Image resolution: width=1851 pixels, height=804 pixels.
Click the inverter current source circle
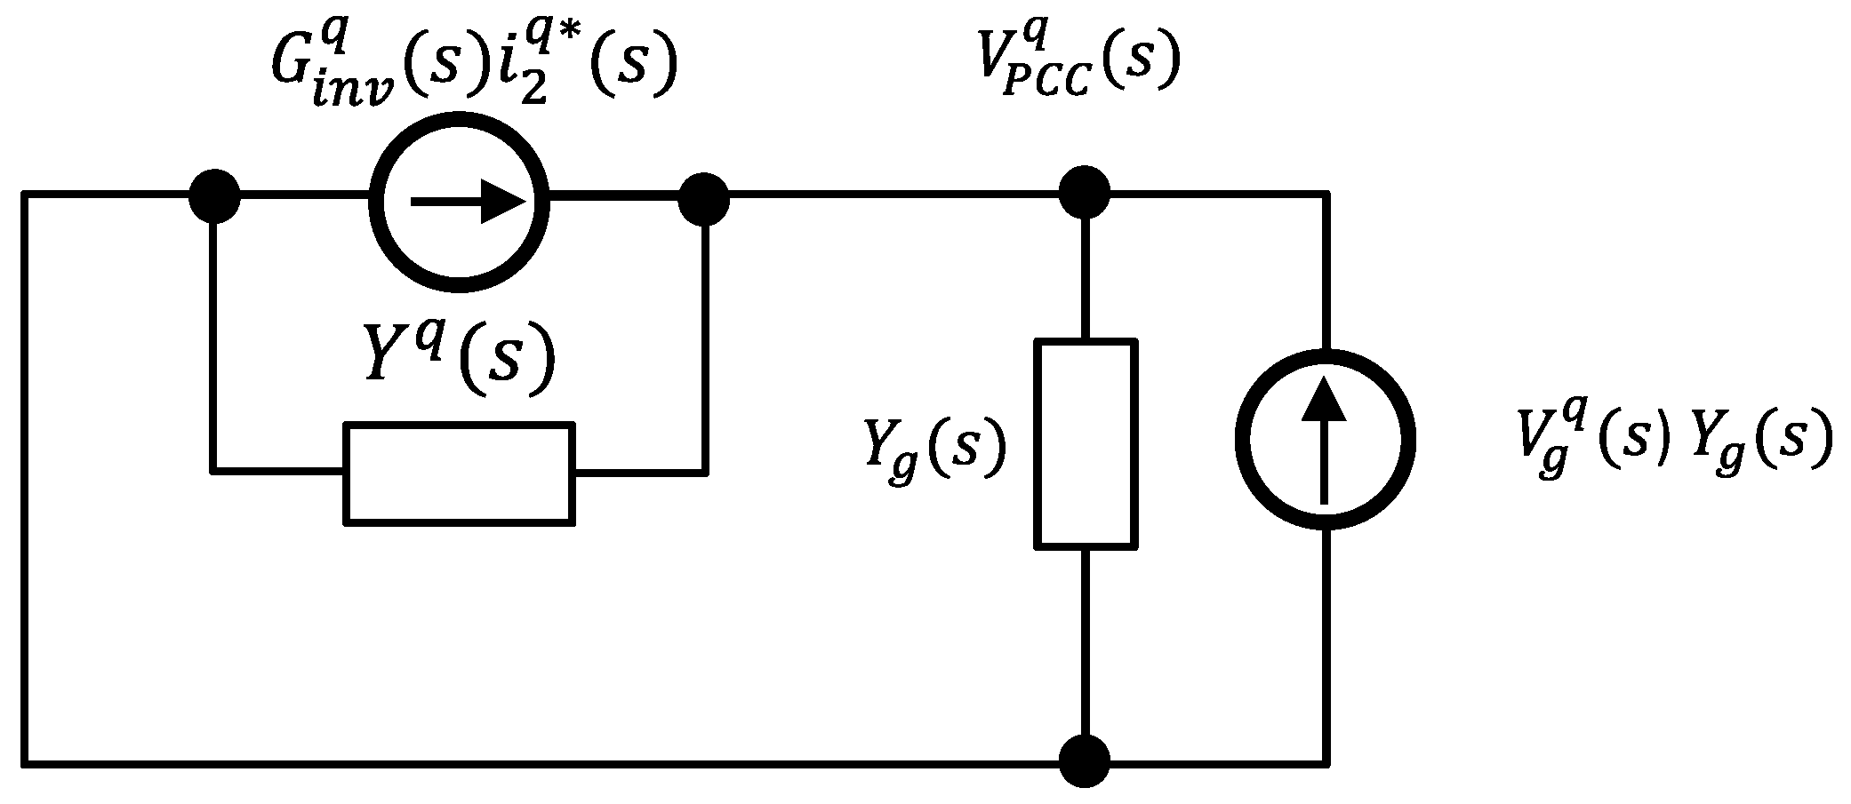point(459,202)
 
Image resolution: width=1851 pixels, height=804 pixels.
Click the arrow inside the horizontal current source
point(468,202)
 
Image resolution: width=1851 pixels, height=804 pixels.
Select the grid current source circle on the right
point(1325,439)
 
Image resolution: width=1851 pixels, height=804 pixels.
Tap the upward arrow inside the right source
point(1325,439)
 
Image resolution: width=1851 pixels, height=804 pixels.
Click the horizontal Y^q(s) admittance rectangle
point(459,473)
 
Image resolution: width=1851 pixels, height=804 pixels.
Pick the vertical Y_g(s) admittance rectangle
point(1086,443)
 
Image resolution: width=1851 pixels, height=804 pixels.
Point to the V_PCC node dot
point(1086,192)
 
